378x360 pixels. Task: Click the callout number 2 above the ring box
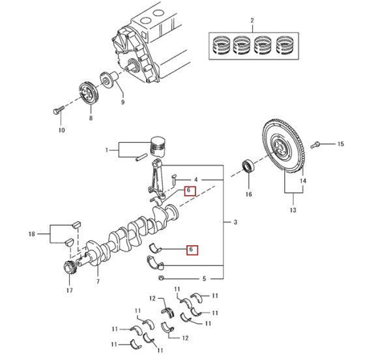tap(252, 20)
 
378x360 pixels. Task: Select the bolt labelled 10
tap(58, 110)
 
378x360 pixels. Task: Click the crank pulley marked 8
tap(89, 94)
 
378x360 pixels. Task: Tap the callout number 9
tap(123, 102)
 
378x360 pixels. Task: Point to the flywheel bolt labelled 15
tap(315, 145)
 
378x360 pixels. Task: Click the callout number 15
tap(340, 144)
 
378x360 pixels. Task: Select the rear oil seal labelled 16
tap(248, 166)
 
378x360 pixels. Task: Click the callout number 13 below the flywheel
tap(293, 210)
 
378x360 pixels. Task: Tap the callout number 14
tap(303, 181)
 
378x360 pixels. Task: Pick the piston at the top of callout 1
tap(158, 147)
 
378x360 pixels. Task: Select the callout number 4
tap(196, 180)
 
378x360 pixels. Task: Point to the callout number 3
tap(235, 222)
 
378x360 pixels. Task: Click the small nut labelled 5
tap(161, 278)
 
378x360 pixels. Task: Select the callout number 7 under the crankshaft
tap(98, 282)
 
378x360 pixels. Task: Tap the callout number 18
tap(31, 234)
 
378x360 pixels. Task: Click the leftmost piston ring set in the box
tap(221, 46)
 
